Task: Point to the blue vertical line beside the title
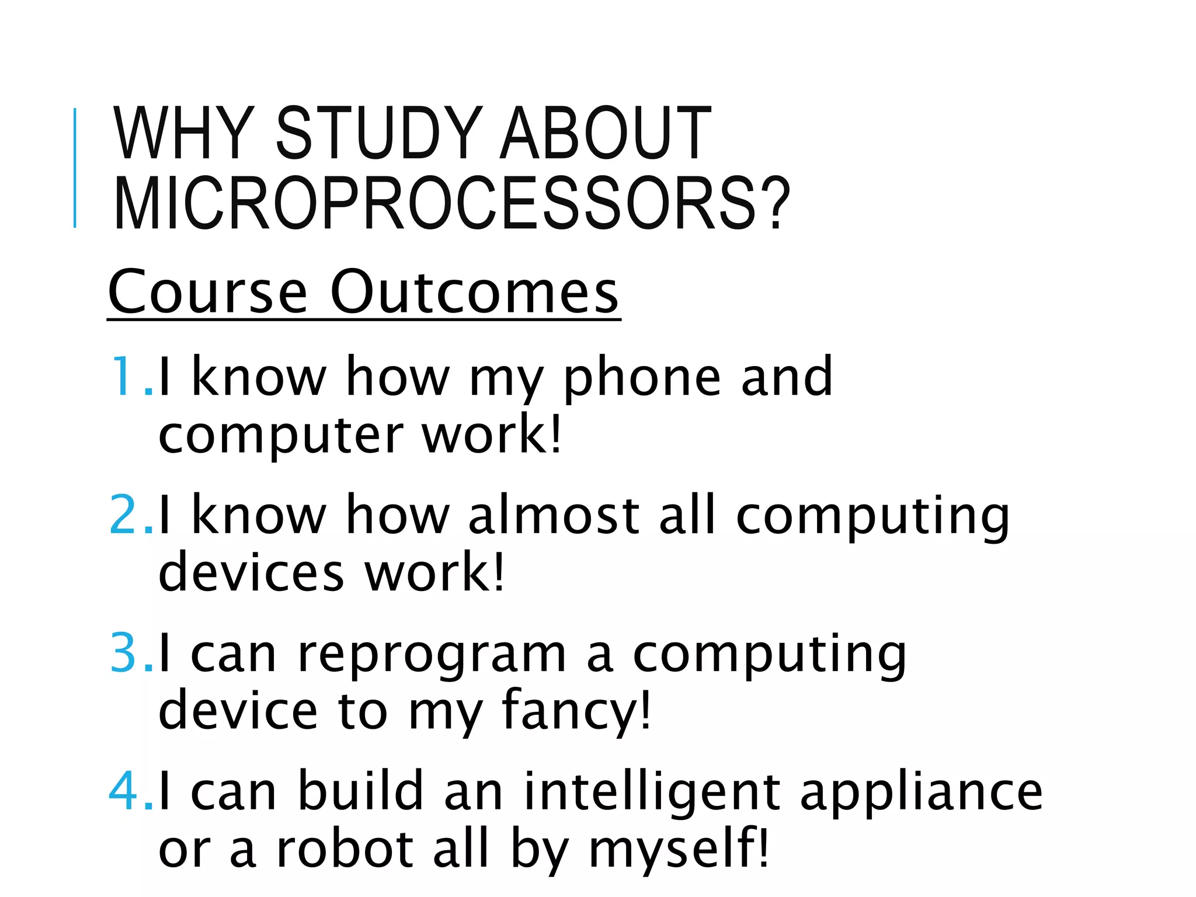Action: point(75,168)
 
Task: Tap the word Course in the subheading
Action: point(208,292)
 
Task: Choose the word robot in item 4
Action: point(344,849)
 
